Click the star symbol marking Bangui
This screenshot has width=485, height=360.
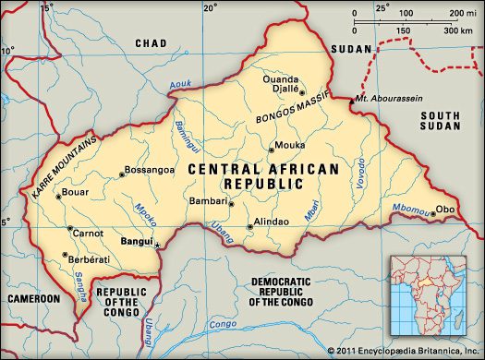pos(157,245)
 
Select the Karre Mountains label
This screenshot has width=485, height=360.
pos(55,166)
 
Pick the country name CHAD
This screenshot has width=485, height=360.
pos(150,43)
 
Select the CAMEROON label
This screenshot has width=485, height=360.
pos(32,300)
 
